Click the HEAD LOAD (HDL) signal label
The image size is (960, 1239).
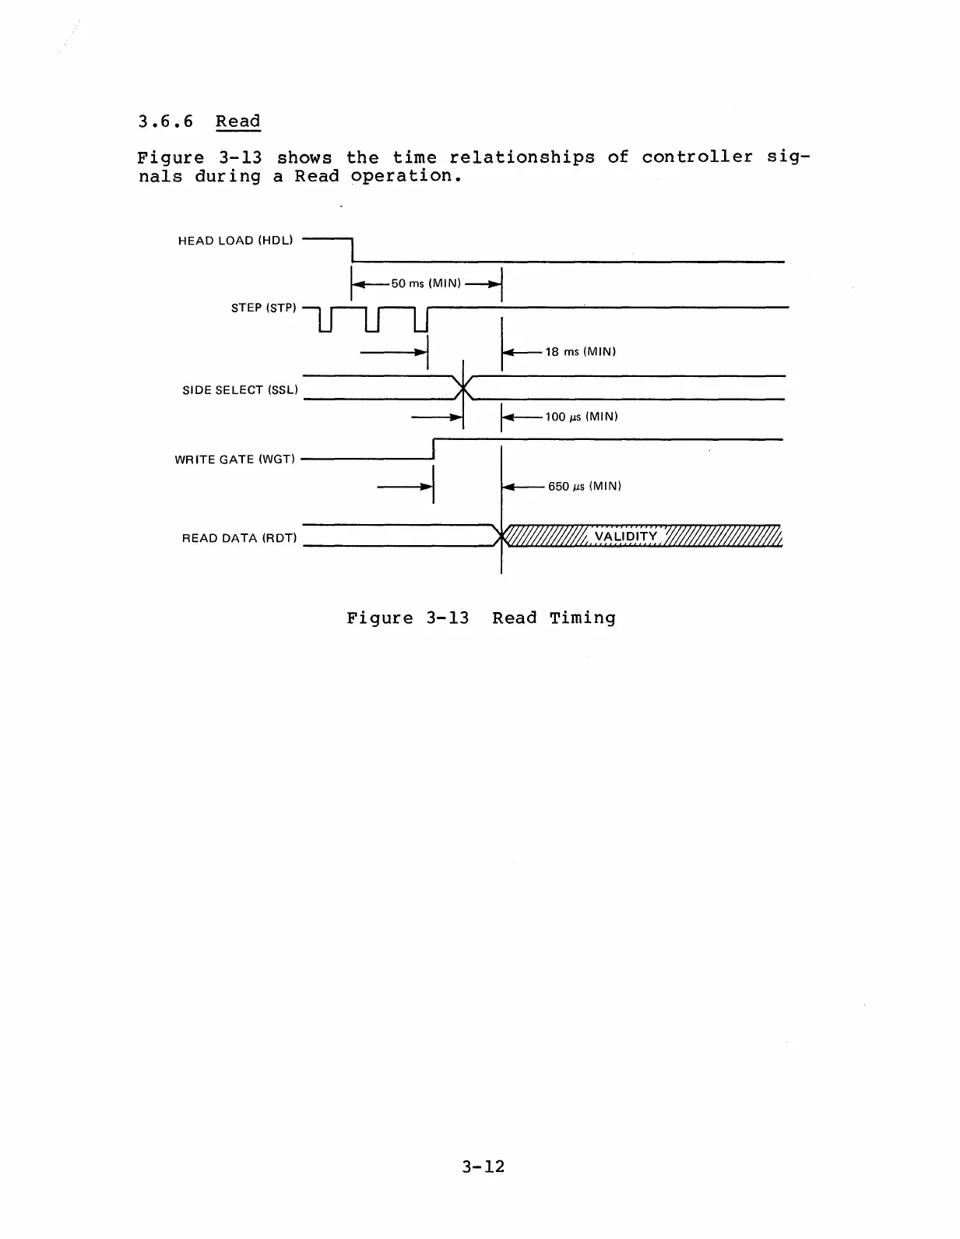235,241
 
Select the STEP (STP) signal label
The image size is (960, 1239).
263,308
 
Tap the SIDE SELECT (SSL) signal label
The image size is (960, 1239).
240,390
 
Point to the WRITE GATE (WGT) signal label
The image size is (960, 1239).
235,459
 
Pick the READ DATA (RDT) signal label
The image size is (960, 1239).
239,538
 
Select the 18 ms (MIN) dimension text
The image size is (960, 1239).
580,352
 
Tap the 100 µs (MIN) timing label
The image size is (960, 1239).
581,417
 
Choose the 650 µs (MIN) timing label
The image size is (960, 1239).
584,487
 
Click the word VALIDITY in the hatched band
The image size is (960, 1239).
625,537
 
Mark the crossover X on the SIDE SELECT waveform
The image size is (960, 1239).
464,387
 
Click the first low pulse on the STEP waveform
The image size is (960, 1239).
326,321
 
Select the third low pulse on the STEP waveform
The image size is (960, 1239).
421,321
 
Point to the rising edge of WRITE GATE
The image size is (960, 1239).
433,449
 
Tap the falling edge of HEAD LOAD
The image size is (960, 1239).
353,250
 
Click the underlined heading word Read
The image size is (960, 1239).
237,121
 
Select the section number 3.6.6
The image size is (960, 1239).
165,121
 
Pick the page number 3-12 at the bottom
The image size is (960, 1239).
483,1167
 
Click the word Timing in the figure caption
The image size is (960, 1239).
582,618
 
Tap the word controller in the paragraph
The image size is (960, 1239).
697,157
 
